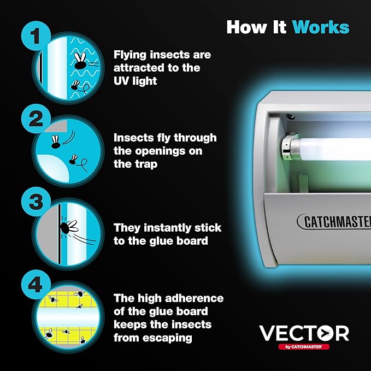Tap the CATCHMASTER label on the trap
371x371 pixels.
tap(334, 222)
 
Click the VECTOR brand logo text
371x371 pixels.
tap(304, 333)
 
